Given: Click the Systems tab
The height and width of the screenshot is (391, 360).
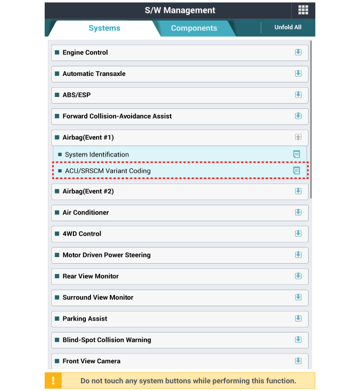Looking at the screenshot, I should tap(104, 28).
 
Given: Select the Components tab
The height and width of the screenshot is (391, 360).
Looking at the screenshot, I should tap(194, 28).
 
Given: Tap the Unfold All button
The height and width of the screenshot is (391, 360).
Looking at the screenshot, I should tap(288, 27).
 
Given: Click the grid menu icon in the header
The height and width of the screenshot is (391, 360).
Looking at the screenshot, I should tap(303, 10).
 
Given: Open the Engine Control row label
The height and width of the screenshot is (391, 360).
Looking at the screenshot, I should tap(85, 52).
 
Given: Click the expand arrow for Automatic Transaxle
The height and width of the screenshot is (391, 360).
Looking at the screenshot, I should tap(298, 73).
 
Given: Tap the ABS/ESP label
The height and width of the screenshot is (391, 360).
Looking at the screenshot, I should tap(77, 95).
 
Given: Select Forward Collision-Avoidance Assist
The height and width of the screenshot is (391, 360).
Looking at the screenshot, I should tap(117, 116).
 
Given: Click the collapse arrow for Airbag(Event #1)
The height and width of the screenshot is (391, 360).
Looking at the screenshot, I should tap(298, 138).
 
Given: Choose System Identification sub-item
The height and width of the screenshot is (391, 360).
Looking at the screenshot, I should tap(97, 154).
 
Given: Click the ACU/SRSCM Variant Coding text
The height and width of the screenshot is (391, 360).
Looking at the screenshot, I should tap(107, 171).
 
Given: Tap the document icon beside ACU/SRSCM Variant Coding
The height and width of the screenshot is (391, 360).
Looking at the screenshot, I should tap(296, 171).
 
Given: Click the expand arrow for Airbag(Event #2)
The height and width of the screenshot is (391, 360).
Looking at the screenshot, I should tap(298, 191).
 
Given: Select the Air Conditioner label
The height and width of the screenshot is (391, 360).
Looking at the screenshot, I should tap(86, 212).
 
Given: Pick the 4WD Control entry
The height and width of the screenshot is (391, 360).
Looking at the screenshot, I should tap(82, 233).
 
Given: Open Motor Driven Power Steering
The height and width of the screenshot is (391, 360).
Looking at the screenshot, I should tap(106, 255).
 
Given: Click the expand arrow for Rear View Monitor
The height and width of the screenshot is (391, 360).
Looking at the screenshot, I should tap(298, 276).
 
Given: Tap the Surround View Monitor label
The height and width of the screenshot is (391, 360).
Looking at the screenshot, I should tap(98, 298).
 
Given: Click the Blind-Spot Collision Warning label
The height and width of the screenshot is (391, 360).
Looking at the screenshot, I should tap(107, 340).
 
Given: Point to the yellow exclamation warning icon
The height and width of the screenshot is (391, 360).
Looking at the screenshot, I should tap(53, 381).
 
